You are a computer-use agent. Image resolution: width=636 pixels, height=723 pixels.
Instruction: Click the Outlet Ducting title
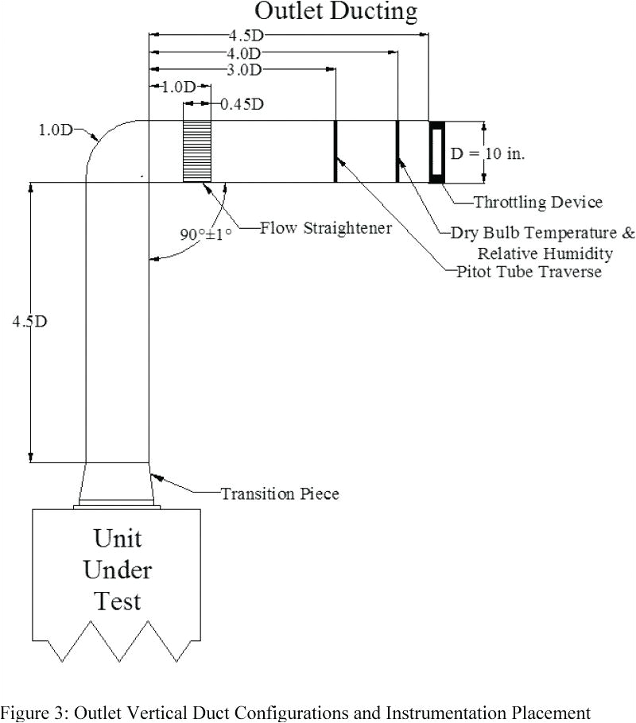pos(335,12)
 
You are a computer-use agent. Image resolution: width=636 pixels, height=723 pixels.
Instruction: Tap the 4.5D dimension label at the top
pos(243,36)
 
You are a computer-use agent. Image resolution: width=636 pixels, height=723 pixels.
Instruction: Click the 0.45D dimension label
pos(242,104)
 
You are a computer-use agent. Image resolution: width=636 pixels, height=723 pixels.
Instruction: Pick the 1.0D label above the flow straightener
pos(179,87)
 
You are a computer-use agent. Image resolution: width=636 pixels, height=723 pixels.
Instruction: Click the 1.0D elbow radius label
pos(55,130)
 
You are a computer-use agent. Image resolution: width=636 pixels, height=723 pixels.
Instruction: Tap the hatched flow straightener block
pos(197,151)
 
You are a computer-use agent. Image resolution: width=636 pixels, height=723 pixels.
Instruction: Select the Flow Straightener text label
pos(326,228)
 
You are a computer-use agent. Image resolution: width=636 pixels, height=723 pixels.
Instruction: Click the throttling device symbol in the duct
pos(436,152)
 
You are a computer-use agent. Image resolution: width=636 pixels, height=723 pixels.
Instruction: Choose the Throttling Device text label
pos(538,203)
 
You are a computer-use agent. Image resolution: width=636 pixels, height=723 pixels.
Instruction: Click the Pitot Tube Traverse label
pos(529,272)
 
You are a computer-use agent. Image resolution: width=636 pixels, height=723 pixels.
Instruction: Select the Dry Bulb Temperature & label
pos(543,234)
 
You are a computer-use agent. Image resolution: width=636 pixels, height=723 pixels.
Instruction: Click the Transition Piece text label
pos(280,493)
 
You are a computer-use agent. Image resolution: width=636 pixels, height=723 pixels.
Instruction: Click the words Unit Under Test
pos(118,569)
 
